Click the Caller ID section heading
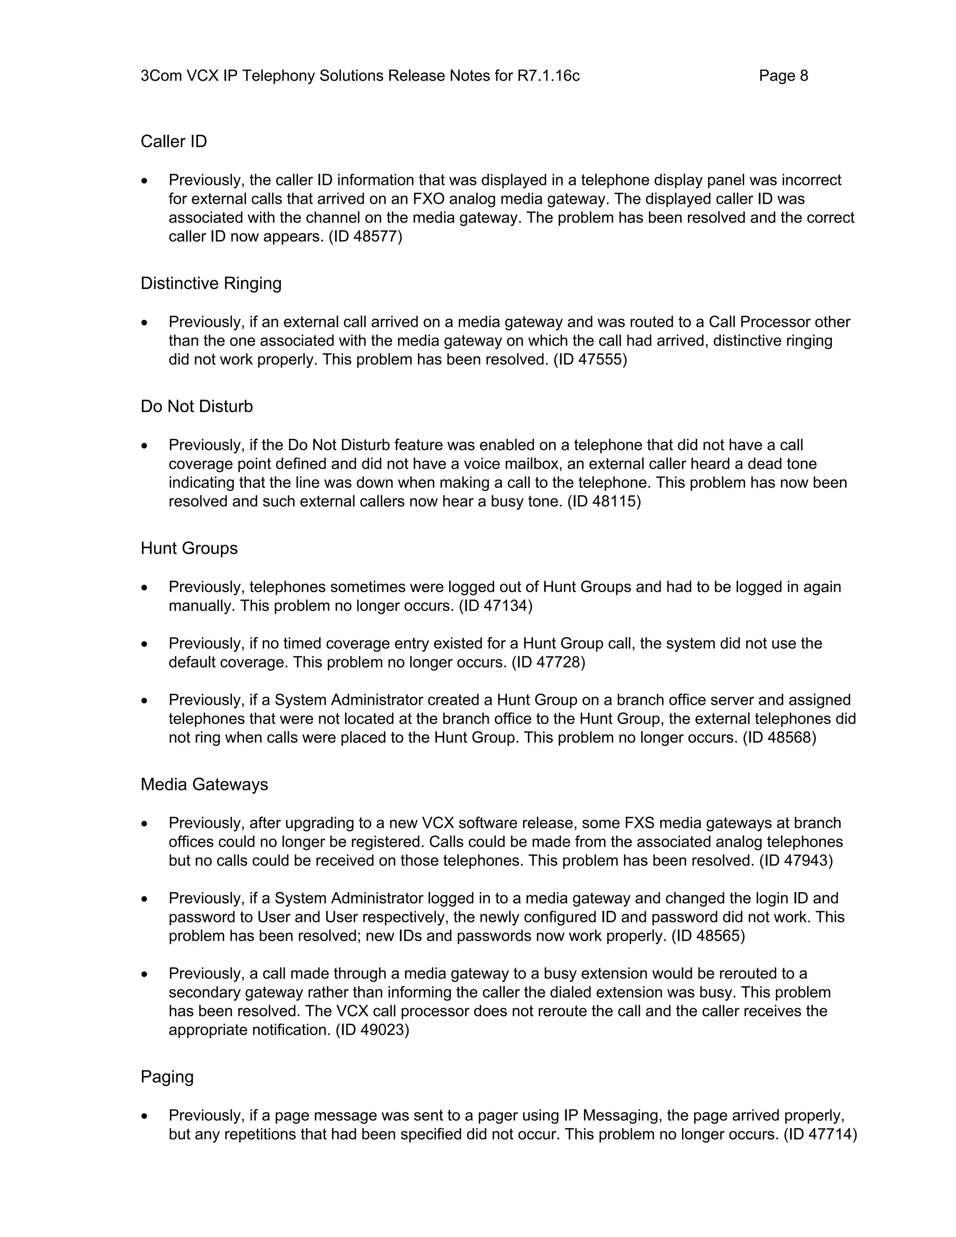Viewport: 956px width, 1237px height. (173, 141)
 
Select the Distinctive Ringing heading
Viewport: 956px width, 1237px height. (211, 283)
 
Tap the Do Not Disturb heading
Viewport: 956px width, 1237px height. (197, 407)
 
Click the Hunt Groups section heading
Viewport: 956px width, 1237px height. (189, 548)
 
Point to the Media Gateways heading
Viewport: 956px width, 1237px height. (204, 785)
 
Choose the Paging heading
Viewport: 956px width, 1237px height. (167, 1077)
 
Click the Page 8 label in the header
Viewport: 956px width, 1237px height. (783, 76)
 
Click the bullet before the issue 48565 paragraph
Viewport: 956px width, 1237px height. (145, 899)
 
